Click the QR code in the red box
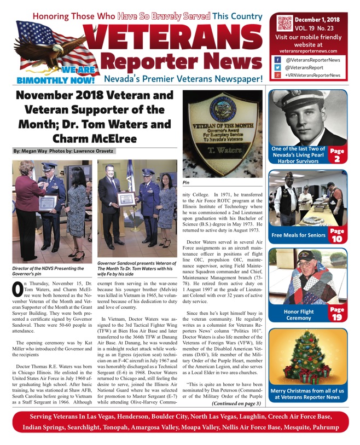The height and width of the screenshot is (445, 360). coord(284,24)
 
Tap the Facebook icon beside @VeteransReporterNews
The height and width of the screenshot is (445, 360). coord(278,60)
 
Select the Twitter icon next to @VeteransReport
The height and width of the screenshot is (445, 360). coord(278,67)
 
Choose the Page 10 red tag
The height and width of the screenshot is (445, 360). coord(337,236)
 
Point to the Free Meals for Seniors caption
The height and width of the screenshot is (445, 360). coord(299,236)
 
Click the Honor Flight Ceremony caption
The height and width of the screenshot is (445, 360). coord(298,315)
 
